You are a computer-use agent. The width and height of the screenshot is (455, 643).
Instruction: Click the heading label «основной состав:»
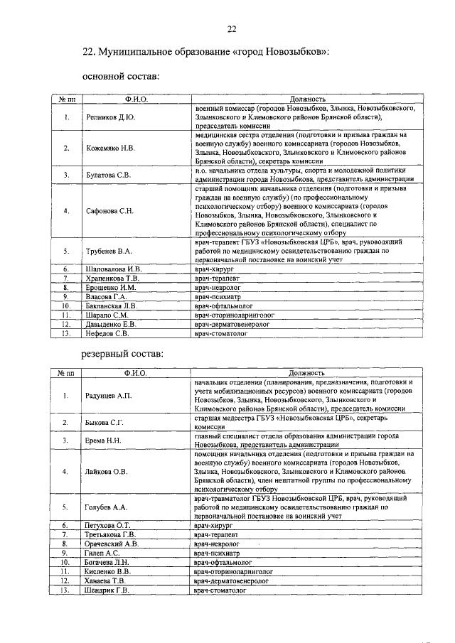(121, 75)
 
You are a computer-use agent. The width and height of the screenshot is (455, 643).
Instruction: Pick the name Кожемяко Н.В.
(109, 148)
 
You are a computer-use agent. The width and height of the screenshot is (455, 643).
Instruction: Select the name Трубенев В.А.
(108, 251)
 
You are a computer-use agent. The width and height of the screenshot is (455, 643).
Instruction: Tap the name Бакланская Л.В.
(113, 305)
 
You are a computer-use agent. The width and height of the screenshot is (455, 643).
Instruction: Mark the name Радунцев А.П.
(109, 395)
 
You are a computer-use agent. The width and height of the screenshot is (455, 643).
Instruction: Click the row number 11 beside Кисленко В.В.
(65, 571)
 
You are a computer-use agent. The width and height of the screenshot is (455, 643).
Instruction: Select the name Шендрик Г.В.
(108, 590)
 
